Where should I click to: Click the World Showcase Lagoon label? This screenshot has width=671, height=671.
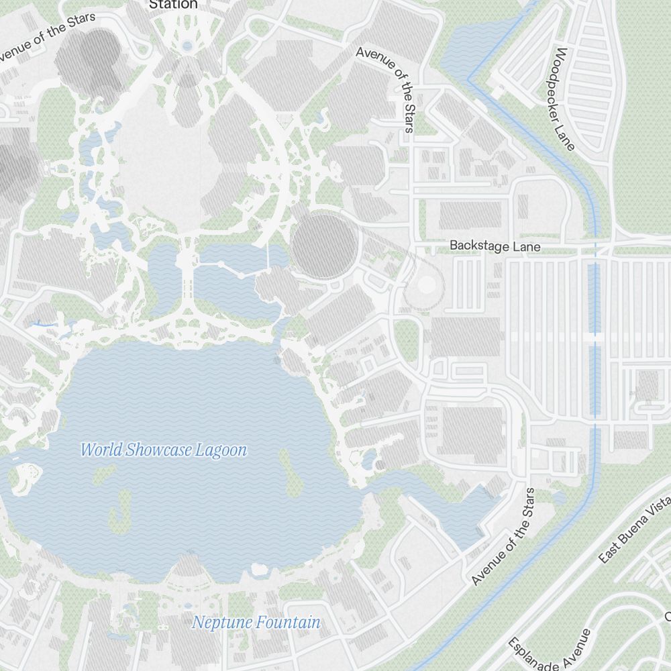click(x=164, y=450)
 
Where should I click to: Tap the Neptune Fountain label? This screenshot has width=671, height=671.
click(x=256, y=623)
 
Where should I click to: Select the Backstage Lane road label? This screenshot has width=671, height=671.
click(x=495, y=246)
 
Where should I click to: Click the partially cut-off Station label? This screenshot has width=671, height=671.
click(x=173, y=5)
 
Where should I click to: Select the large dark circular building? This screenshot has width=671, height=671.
click(x=325, y=246)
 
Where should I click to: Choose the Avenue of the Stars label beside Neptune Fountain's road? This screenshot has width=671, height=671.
click(x=504, y=537)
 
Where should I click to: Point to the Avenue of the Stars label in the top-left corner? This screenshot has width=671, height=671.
click(x=47, y=36)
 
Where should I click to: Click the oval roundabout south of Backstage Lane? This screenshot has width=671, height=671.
click(x=425, y=285)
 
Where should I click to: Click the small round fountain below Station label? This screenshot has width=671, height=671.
click(x=187, y=46)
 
